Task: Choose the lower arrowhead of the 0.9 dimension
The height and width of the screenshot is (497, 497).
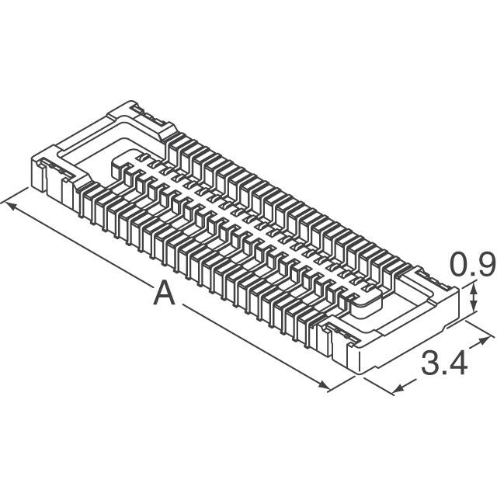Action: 474,310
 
